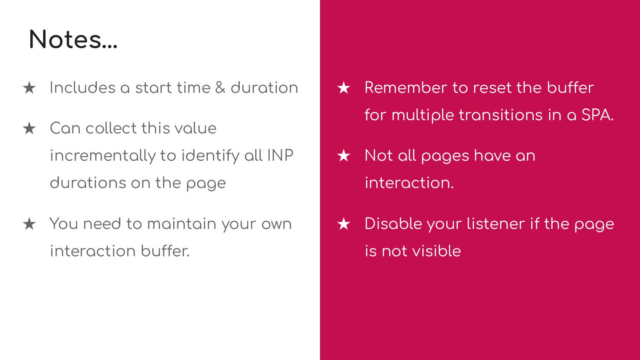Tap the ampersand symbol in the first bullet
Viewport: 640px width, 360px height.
click(x=220, y=87)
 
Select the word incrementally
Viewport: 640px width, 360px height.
click(x=102, y=156)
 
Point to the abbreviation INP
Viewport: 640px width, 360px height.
click(x=280, y=155)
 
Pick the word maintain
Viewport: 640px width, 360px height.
click(x=182, y=224)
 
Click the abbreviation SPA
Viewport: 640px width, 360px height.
click(x=597, y=115)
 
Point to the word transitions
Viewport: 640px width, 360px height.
click(x=500, y=115)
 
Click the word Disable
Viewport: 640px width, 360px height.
click(x=393, y=224)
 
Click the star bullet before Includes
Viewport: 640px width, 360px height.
click(x=29, y=87)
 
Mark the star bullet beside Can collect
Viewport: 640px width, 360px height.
click(x=29, y=128)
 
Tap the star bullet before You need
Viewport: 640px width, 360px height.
click(x=29, y=224)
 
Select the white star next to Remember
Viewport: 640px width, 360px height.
click(x=344, y=87)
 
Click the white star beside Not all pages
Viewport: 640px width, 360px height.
click(x=344, y=155)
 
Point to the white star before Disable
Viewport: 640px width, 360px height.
click(x=344, y=224)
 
